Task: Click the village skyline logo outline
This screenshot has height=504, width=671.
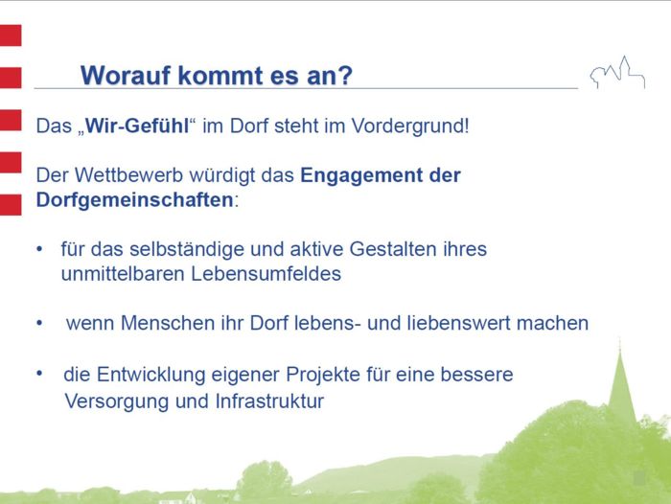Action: [616, 73]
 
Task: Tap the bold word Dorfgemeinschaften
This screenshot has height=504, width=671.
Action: [134, 201]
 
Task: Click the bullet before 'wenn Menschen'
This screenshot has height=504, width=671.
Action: [40, 323]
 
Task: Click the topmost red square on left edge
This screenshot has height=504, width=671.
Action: [10, 35]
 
